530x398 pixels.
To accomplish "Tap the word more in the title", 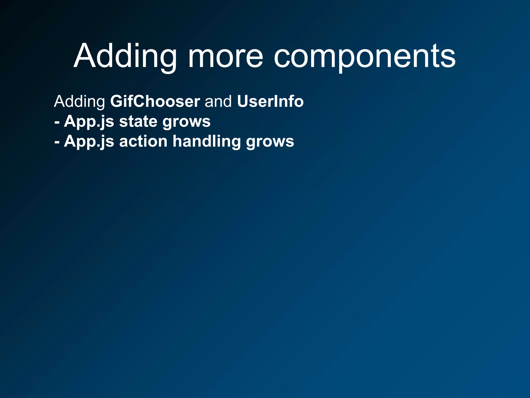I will coord(225,56).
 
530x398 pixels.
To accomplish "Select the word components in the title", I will coord(364,56).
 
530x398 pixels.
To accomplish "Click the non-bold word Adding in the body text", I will coord(79,101).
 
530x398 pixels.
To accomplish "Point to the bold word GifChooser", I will coord(155,101).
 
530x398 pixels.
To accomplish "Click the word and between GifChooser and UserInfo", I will coord(218,101).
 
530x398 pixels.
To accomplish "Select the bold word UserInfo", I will coord(270,101).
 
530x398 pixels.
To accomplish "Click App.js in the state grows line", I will coord(89,122).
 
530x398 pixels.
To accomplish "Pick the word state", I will coord(138,121).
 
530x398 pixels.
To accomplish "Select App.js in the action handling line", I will coord(89,142).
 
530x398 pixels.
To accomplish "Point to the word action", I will coord(143,141).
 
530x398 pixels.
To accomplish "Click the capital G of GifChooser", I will coord(116,101).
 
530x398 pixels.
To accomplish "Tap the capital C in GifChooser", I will coord(139,101).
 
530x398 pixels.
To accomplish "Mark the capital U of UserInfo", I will coord(242,101).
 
